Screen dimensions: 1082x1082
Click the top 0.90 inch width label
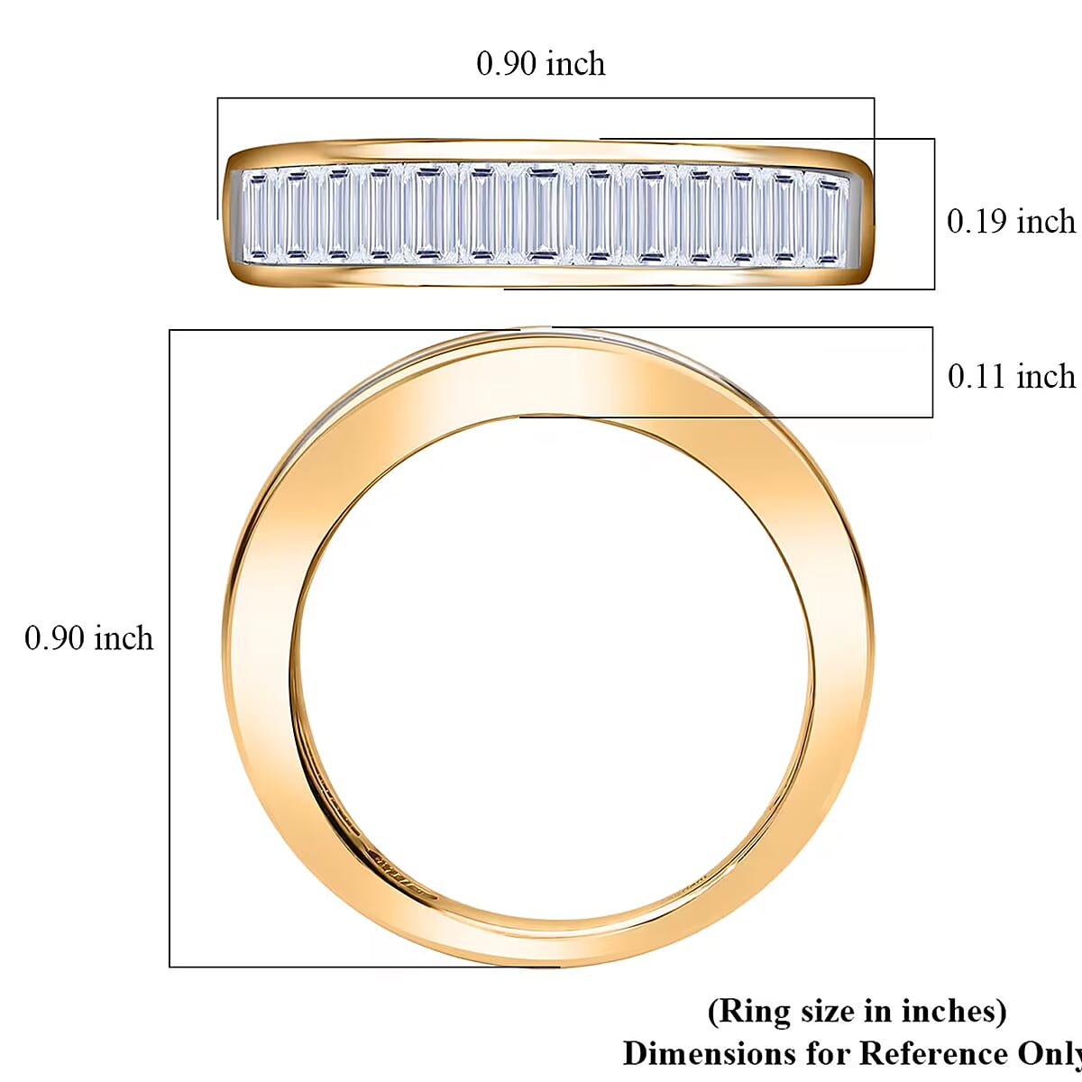click(540, 64)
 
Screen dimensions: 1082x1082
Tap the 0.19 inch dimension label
click(1011, 222)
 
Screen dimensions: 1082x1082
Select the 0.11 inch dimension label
click(1011, 377)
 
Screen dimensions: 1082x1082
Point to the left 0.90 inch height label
click(88, 638)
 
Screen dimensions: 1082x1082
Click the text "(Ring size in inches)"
click(857, 1011)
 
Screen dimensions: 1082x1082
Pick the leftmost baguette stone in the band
click(259, 216)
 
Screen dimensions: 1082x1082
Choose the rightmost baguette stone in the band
click(829, 220)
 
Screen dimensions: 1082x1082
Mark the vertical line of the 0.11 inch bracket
click(932, 372)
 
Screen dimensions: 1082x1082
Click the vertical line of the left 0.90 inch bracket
click(170, 648)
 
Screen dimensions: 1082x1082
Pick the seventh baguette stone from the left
click(541, 215)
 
